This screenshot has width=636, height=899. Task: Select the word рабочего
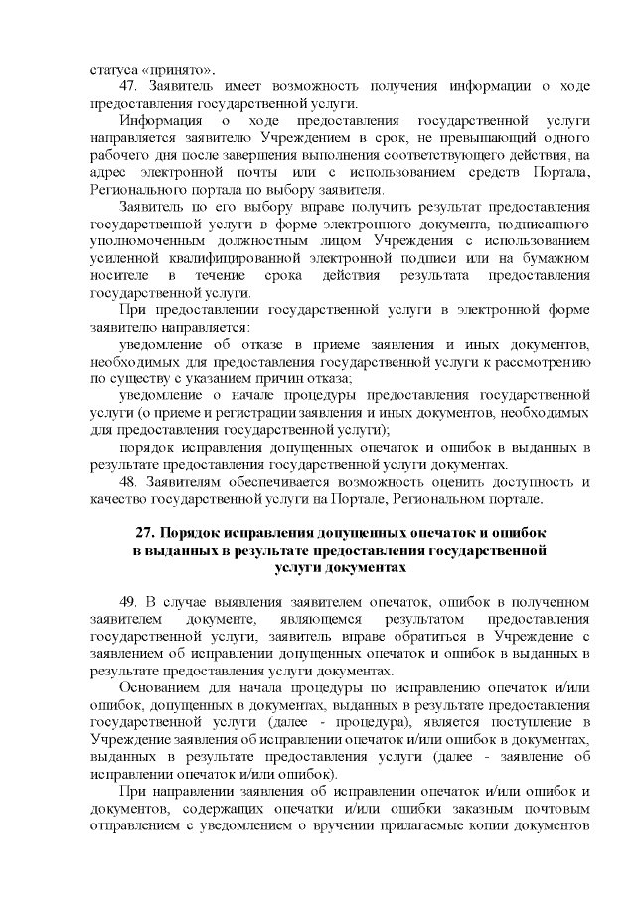pos(120,155)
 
